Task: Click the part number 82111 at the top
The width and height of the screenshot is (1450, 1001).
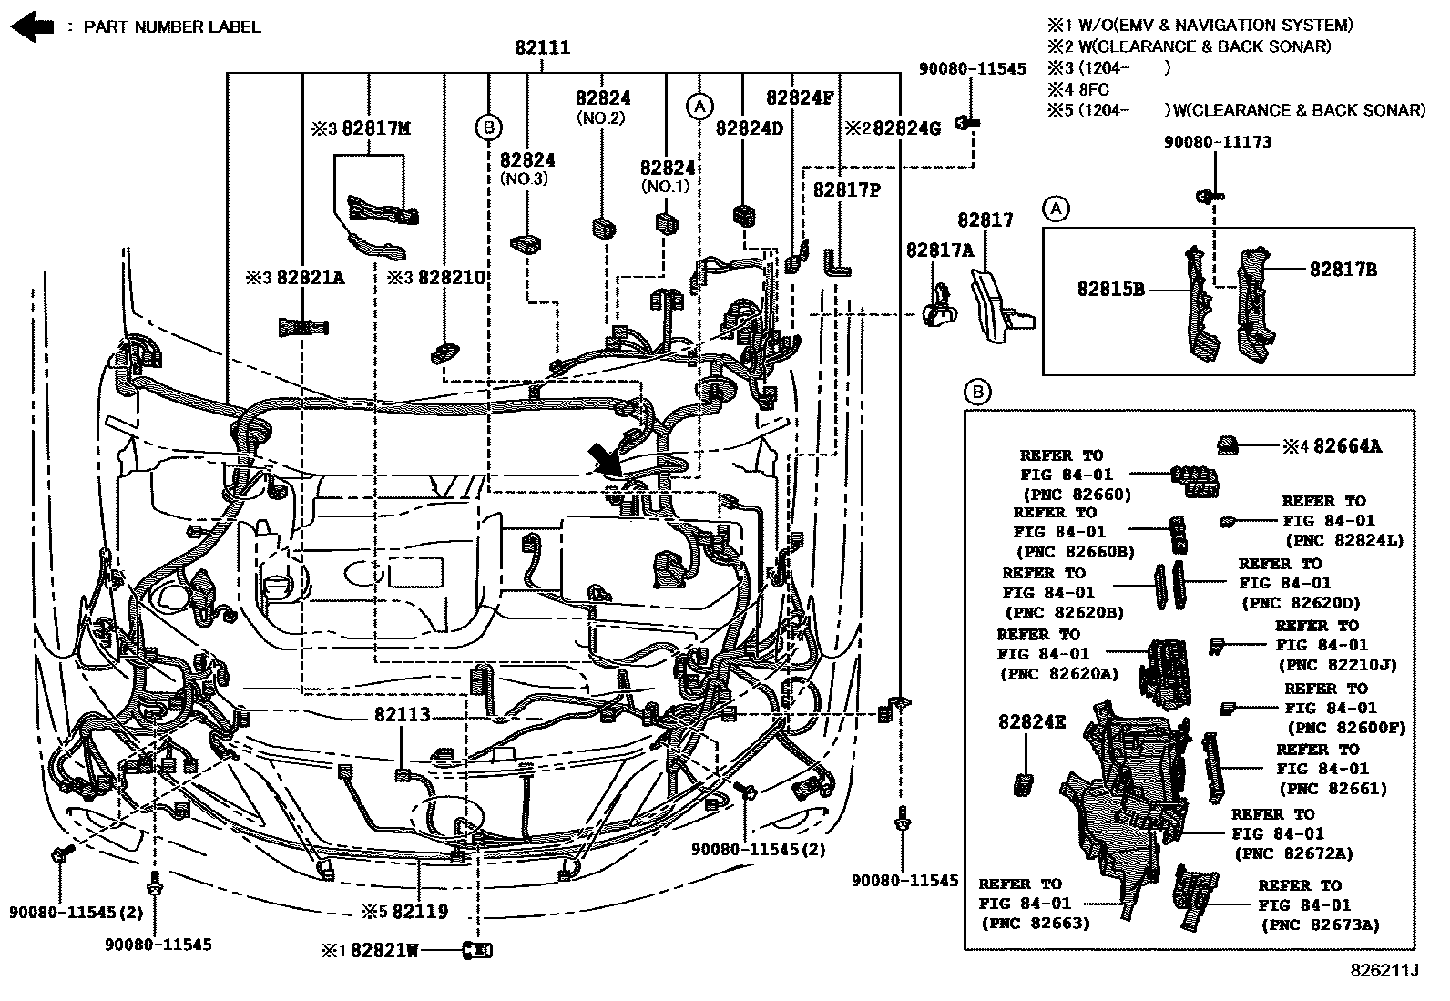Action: [x=543, y=47]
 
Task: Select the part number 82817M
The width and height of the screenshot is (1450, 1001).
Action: [x=375, y=128]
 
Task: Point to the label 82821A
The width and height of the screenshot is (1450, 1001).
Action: [x=311, y=277]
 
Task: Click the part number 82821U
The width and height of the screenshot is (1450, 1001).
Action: [x=451, y=277]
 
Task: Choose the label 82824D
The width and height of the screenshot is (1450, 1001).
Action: [x=749, y=128]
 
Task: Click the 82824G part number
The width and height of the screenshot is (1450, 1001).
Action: [x=906, y=128]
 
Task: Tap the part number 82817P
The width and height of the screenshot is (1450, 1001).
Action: [x=846, y=189]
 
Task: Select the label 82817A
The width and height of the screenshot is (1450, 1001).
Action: [x=939, y=250]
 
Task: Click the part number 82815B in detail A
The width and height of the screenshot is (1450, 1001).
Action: [x=1110, y=289]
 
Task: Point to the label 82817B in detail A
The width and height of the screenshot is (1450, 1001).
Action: [x=1343, y=269]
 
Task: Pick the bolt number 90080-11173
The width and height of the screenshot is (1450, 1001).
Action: [x=1218, y=142]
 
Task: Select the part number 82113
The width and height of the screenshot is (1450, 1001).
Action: [x=402, y=715]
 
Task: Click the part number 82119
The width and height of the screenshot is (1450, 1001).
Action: [x=420, y=911]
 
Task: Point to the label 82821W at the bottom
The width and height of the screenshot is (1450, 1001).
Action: [x=384, y=950]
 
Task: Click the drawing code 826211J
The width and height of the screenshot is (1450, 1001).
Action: [x=1384, y=971]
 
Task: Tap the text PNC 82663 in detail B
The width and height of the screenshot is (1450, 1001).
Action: [x=1035, y=923]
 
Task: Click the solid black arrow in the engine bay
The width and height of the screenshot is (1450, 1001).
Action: [x=605, y=459]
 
